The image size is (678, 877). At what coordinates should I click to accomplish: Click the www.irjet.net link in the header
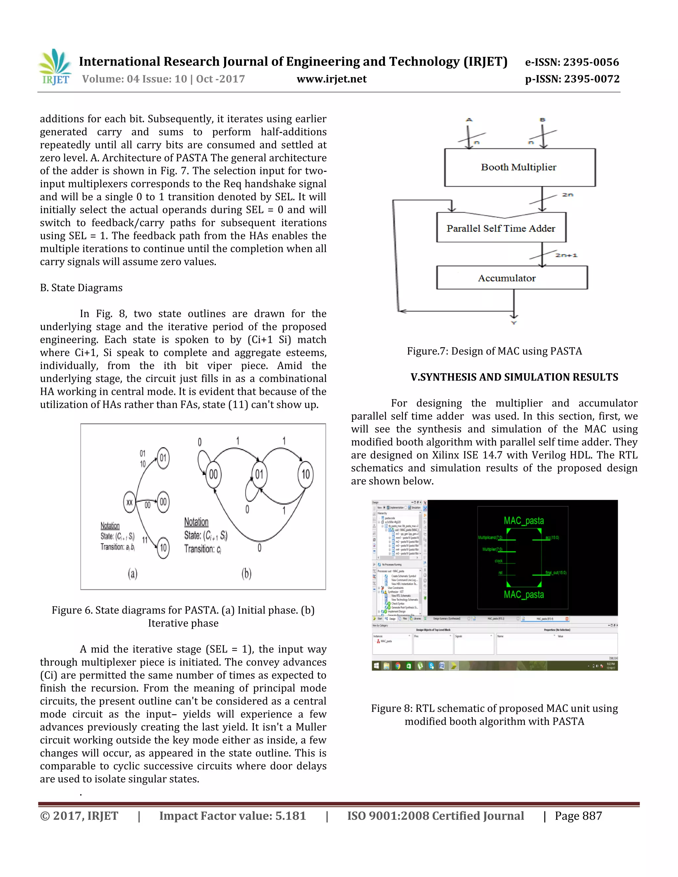tap(331, 79)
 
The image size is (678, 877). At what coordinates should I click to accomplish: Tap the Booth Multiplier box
tap(519, 167)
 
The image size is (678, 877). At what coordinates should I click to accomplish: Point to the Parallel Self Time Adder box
tap(501, 228)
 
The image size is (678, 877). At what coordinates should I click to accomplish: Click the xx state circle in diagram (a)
tap(129, 502)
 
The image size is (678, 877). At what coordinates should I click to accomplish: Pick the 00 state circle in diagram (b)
tap(213, 475)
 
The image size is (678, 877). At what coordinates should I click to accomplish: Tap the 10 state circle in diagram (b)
tap(306, 475)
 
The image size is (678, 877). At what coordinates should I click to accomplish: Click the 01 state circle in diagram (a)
tap(163, 458)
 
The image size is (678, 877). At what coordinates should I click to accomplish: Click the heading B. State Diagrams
tap(81, 288)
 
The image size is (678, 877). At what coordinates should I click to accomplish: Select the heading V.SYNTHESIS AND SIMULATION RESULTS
tap(514, 377)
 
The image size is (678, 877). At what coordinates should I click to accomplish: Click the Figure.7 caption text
tap(494, 351)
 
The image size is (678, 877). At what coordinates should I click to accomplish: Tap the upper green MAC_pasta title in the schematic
tap(524, 521)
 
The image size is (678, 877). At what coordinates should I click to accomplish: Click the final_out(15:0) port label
tap(556, 573)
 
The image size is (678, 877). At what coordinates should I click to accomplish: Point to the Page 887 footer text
tap(578, 816)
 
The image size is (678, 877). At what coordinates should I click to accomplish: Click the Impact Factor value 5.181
tap(290, 816)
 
